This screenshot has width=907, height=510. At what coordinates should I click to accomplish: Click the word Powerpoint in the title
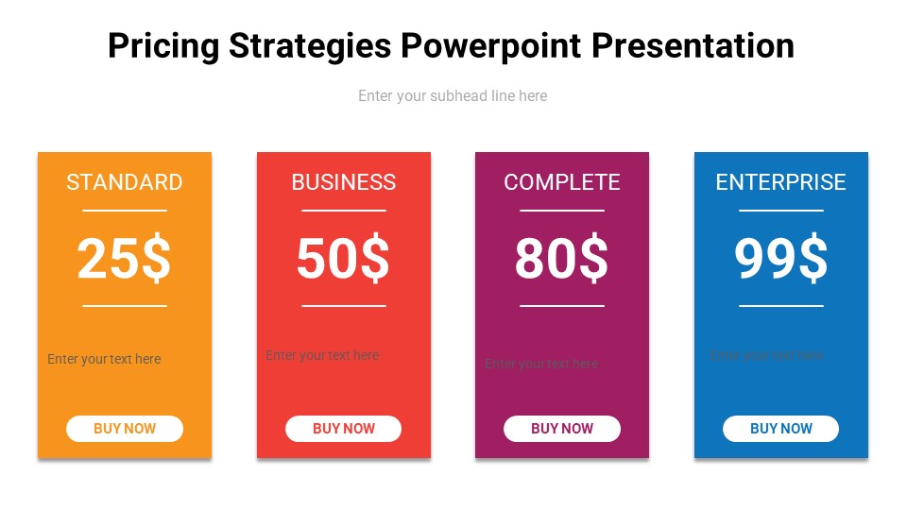pyautogui.click(x=492, y=45)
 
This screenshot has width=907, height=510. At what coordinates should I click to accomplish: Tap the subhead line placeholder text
pyautogui.click(x=453, y=95)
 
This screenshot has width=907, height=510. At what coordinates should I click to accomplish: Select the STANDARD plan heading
pyautogui.click(x=125, y=182)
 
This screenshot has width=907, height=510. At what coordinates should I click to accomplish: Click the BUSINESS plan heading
pyautogui.click(x=344, y=182)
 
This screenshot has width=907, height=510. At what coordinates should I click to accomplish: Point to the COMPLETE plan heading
pyautogui.click(x=562, y=182)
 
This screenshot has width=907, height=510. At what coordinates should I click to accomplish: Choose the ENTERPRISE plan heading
pyautogui.click(x=781, y=182)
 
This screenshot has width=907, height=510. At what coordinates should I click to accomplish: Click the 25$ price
pyautogui.click(x=124, y=259)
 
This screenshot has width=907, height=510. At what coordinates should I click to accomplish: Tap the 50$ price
pyautogui.click(x=343, y=259)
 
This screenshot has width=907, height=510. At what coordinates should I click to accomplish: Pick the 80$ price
pyautogui.click(x=562, y=259)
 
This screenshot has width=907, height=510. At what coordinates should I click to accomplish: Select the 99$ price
pyautogui.click(x=781, y=259)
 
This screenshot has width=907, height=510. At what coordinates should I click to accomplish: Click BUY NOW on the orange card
pyautogui.click(x=125, y=429)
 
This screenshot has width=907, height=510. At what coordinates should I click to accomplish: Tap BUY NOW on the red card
pyautogui.click(x=344, y=429)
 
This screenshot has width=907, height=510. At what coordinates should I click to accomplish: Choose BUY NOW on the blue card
pyautogui.click(x=781, y=429)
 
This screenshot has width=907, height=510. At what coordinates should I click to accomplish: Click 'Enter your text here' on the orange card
pyautogui.click(x=104, y=359)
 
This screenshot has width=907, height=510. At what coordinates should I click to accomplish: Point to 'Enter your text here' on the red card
pyautogui.click(x=322, y=356)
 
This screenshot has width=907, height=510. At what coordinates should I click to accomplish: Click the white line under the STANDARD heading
pyautogui.click(x=125, y=211)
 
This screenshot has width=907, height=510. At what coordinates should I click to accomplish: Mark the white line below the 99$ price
pyautogui.click(x=781, y=306)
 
